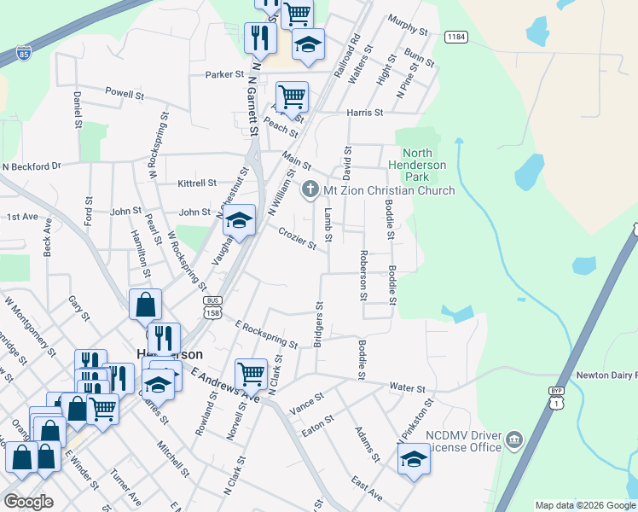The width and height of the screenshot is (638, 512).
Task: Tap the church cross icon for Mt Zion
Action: tap(310, 189)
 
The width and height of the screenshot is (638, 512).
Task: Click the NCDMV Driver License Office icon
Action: tap(513, 440)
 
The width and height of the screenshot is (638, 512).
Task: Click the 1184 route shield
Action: tap(455, 36)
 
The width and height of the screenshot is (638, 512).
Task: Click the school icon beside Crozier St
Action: tap(241, 221)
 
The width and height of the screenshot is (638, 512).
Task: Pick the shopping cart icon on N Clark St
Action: tap(251, 372)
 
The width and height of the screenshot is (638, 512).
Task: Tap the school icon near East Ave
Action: tap(414, 457)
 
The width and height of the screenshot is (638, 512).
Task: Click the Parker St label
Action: tap(224, 74)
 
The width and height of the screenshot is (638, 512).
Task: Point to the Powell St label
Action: tap(125, 92)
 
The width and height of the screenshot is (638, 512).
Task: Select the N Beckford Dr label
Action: tap(32, 166)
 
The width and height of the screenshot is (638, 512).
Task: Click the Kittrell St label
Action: tap(197, 183)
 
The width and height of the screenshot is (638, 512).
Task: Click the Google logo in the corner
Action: tap(27, 502)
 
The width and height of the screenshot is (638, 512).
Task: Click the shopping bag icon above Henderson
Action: tap(145, 304)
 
